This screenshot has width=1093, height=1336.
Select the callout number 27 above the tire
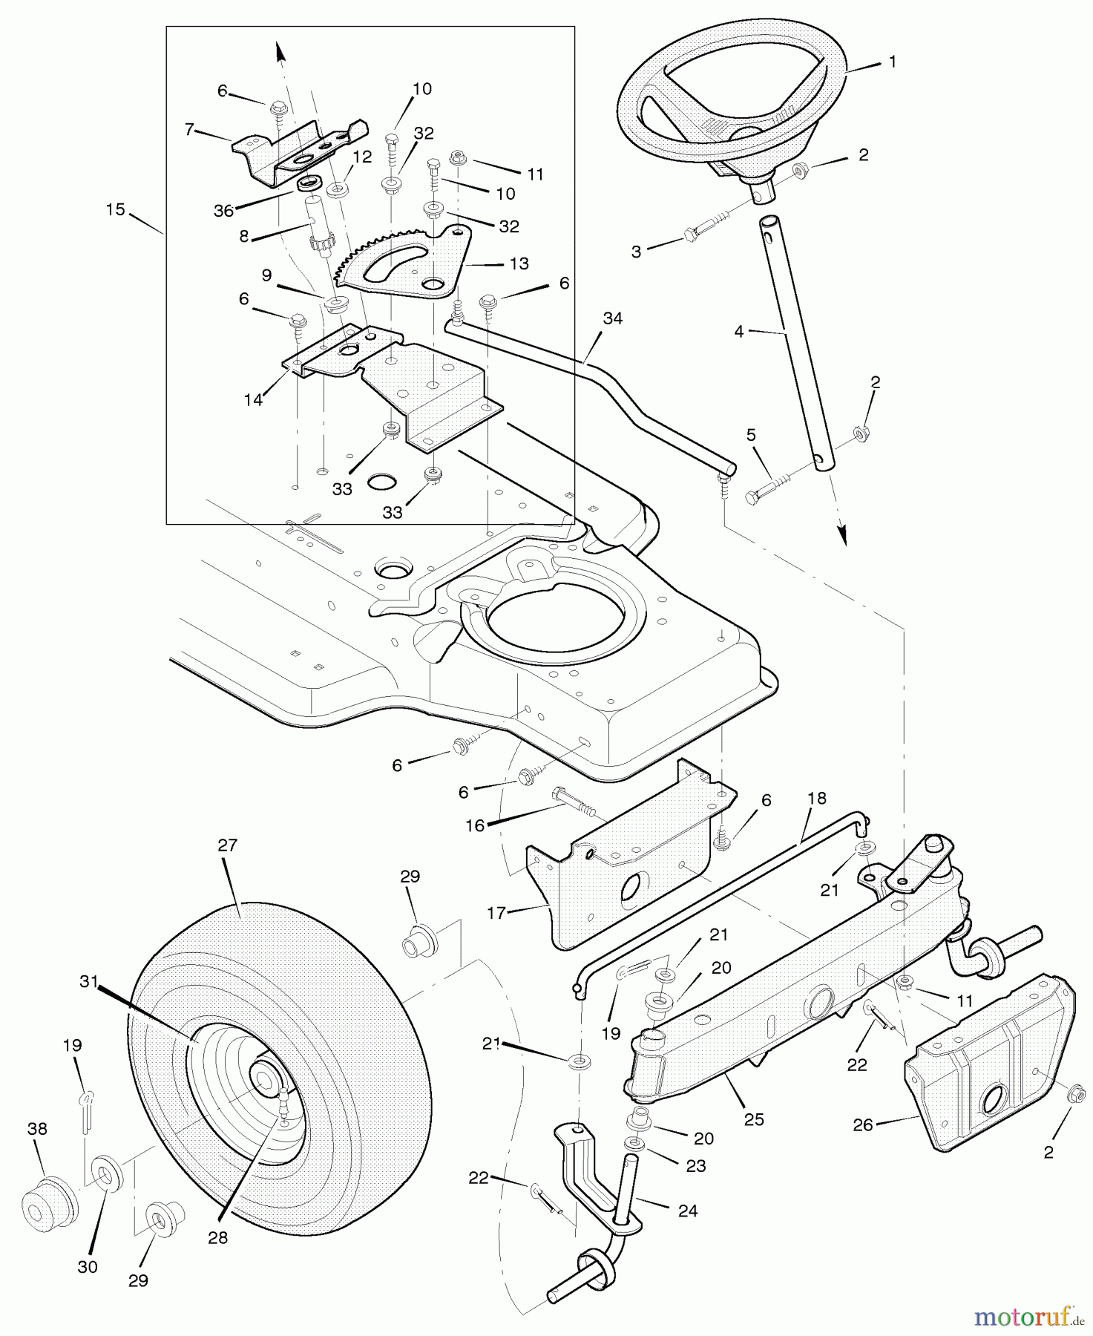(227, 845)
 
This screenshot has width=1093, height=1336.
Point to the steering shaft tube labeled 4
(791, 341)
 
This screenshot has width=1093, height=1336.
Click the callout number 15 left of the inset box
(115, 209)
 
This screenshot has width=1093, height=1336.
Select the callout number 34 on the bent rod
(613, 318)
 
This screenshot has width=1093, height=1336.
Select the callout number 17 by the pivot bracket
(496, 913)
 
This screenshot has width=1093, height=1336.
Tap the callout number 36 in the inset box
(223, 210)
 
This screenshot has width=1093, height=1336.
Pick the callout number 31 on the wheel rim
(89, 981)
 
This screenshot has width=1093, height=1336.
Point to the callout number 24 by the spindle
(688, 1211)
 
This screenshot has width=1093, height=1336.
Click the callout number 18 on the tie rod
(816, 799)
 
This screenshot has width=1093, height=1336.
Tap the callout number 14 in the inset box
(254, 400)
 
